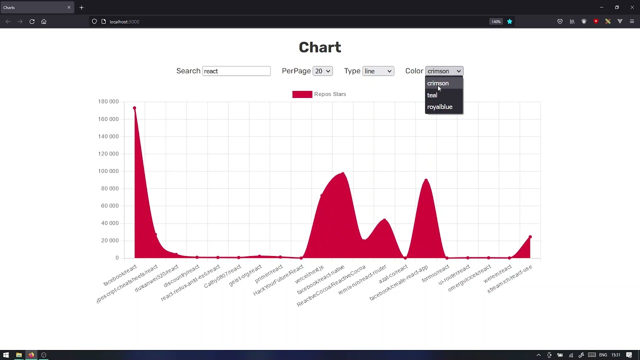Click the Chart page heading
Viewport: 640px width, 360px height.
click(320, 47)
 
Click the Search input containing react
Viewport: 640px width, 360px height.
click(236, 71)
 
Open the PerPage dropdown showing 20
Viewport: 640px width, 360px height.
click(322, 71)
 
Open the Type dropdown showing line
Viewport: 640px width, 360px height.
click(378, 71)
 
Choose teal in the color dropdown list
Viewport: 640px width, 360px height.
click(432, 95)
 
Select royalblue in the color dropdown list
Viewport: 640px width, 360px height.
click(439, 107)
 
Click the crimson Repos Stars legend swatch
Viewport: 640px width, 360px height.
click(302, 94)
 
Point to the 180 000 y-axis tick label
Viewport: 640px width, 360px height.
click(108, 101)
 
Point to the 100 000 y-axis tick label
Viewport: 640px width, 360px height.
click(108, 171)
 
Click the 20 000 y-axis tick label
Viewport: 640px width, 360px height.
click(110, 240)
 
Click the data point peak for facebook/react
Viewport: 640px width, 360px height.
click(134, 108)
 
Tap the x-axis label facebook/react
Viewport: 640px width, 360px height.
click(120, 275)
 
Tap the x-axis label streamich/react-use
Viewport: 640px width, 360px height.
click(509, 279)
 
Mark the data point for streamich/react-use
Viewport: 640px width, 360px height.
click(530, 237)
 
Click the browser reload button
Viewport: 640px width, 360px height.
click(32, 21)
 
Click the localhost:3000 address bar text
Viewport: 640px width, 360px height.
click(124, 21)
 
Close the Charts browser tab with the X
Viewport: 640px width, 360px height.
click(69, 7)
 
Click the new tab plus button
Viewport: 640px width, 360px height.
click(81, 7)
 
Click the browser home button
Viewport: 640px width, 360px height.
click(44, 21)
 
